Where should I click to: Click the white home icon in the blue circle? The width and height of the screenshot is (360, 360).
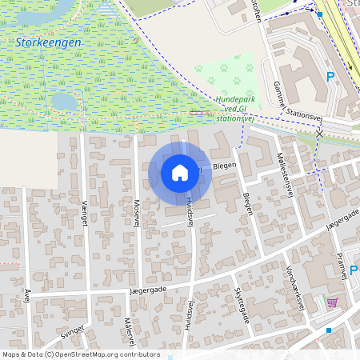point(180,173)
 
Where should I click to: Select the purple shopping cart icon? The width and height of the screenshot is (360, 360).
point(332,302)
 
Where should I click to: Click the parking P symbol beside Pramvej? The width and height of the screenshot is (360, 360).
point(354,270)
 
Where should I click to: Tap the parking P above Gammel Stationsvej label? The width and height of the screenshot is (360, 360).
point(330,77)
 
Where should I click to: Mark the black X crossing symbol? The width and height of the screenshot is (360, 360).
point(319,134)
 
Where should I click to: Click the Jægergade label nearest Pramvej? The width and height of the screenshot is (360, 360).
point(342,219)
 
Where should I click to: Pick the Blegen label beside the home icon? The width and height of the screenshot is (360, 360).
point(223,166)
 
